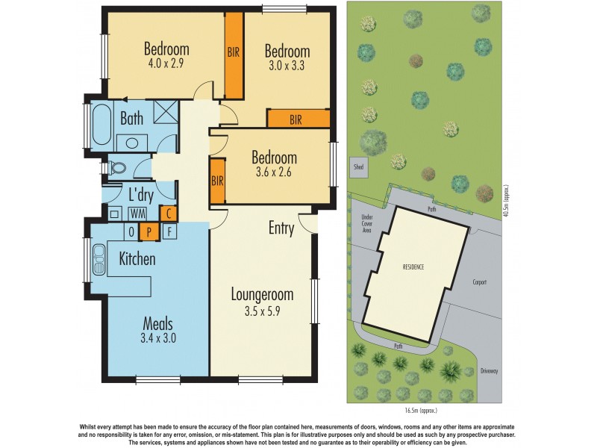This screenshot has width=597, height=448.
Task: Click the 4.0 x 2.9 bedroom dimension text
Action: (166, 64)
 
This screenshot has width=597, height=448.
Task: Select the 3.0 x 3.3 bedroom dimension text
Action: (287, 66)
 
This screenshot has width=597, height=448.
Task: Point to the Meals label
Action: (158, 324)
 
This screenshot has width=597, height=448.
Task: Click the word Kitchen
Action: (137, 259)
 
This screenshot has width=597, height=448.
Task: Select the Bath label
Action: (131, 118)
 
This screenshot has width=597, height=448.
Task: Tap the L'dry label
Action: (141, 195)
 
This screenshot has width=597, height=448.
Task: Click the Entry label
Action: (281, 228)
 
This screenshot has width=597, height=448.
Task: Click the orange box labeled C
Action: (169, 213)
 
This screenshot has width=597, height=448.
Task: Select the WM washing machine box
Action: (137, 214)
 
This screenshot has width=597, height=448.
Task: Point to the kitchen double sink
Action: (98, 261)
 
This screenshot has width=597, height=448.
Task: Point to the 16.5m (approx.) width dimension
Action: (422, 410)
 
